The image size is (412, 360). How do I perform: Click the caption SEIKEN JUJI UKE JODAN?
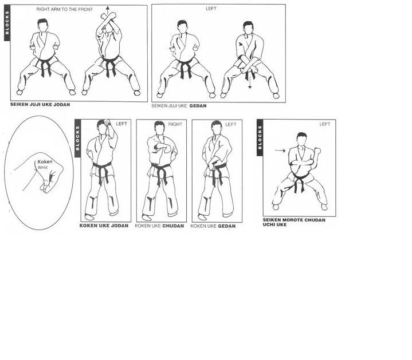coord(40,104)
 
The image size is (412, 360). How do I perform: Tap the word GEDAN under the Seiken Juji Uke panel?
coord(198,106)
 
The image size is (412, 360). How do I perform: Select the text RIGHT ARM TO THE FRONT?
coord(64,10)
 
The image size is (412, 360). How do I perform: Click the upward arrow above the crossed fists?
coord(107,11)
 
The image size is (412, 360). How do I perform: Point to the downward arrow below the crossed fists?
coord(250,81)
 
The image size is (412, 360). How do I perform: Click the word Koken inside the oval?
coord(45,162)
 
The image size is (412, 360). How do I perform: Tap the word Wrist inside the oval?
coord(42,167)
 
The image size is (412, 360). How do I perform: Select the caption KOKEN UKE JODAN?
coord(104,226)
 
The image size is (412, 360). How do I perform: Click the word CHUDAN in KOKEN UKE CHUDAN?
coord(173,226)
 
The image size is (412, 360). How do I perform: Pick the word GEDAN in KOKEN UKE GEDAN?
coord(227,226)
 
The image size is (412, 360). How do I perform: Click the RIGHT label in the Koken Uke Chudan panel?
coord(175,124)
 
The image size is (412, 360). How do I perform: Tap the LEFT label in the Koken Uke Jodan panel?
coord(121,124)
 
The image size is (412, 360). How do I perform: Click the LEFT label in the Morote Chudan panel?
coord(325,124)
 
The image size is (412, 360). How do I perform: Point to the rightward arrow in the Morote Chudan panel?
coord(280,151)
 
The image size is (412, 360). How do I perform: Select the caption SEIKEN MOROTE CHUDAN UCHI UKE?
coord(294,222)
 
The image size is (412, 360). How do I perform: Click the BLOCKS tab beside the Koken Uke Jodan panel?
coord(77,139)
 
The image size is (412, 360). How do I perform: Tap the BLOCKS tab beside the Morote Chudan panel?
coord(260,137)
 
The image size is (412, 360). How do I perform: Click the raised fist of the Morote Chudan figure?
coord(317,151)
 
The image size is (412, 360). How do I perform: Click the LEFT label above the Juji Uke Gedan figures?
coord(211,9)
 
